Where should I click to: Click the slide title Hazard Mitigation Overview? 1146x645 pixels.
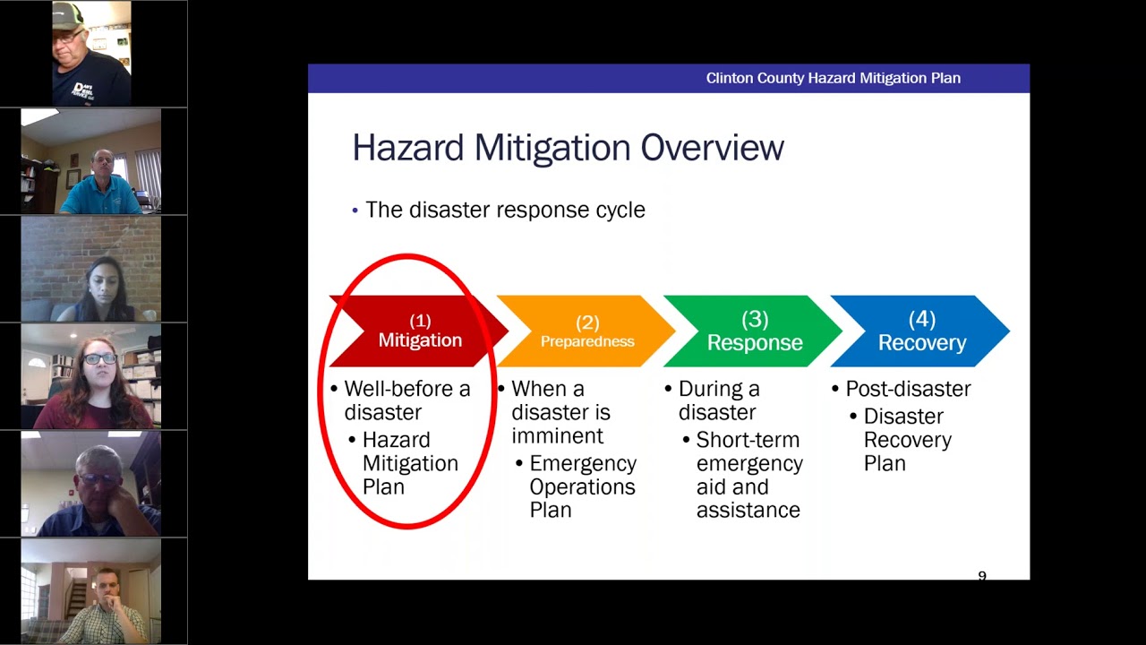568,148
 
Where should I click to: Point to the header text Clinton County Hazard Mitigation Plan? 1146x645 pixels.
833,78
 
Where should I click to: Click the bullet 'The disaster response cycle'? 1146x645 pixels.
504,210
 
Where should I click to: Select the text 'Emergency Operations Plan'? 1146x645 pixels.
582,486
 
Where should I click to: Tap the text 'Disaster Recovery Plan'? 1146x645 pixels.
906,440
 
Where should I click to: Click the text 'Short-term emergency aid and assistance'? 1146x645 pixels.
748,475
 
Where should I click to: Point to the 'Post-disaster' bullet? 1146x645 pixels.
907,389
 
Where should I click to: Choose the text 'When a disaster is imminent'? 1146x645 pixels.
560,412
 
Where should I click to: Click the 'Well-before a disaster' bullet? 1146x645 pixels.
406,400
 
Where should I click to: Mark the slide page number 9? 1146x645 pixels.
982,576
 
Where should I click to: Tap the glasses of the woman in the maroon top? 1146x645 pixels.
99,358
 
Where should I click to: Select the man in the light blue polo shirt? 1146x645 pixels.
100,184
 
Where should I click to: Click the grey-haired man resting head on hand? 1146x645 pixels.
98,493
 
